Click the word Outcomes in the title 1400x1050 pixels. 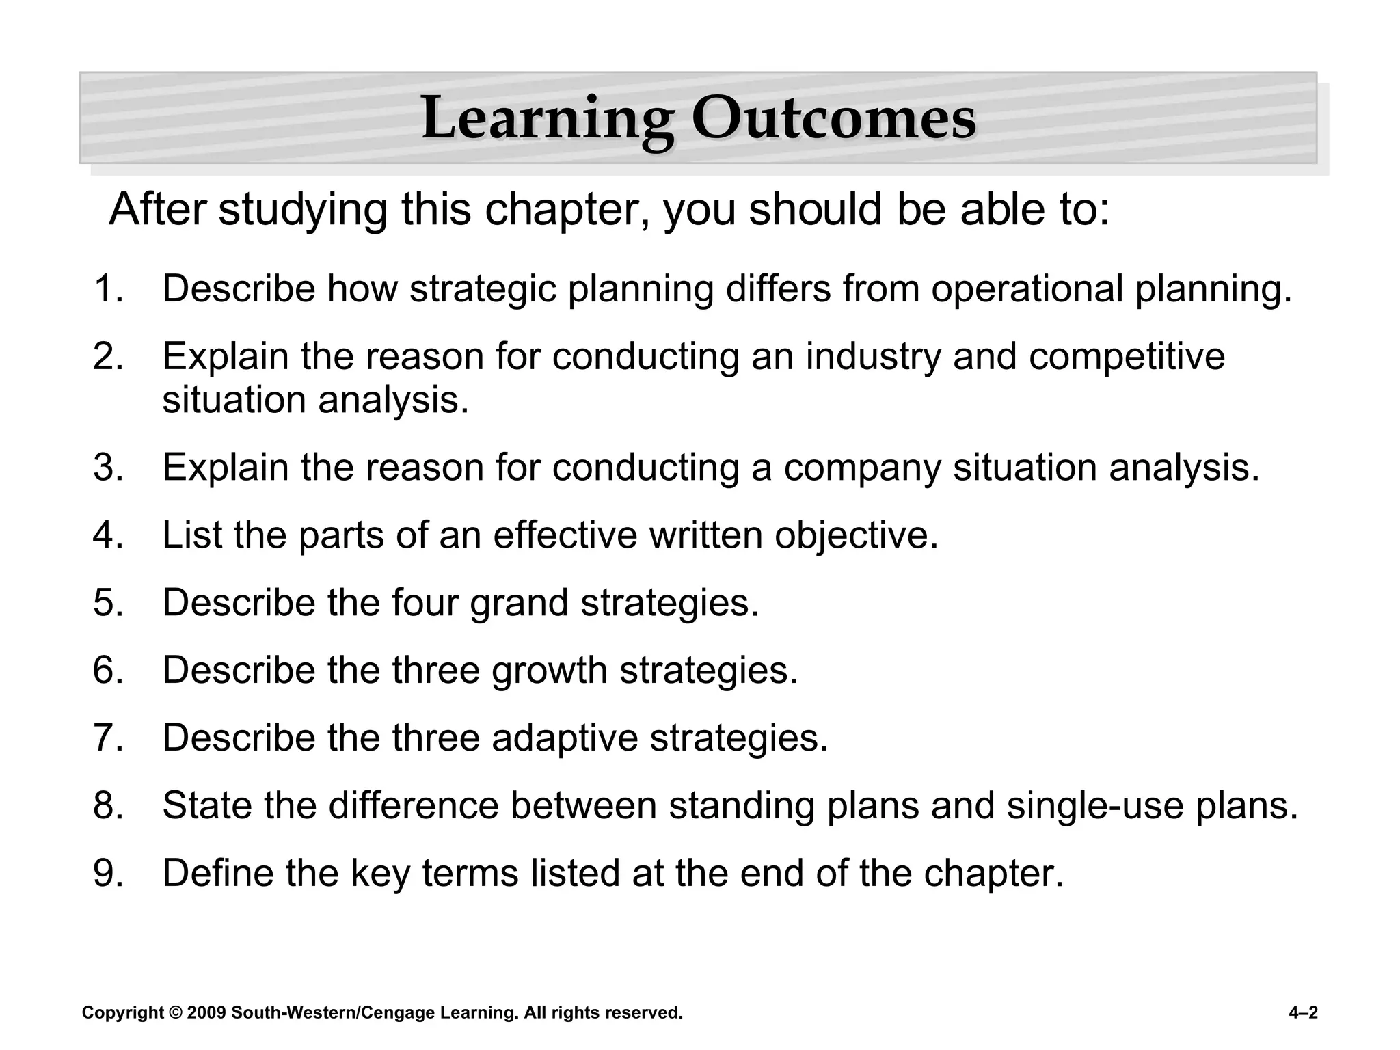pos(833,119)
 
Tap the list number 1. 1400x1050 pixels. pos(109,289)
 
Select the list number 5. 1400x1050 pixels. pos(109,603)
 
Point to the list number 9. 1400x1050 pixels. pos(109,873)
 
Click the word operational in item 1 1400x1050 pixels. pos(1027,289)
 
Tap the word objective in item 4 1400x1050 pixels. pos(856,535)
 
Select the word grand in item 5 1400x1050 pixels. pos(519,603)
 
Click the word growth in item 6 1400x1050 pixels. pos(549,671)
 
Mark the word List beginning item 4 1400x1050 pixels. pos(192,535)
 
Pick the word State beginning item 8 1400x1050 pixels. pos(207,806)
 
